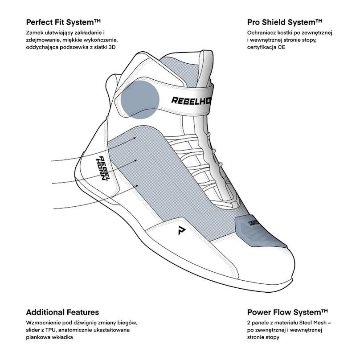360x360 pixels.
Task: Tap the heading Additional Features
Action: click(x=62, y=312)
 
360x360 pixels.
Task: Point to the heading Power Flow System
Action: click(x=287, y=312)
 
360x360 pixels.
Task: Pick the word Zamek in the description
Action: click(x=34, y=33)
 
